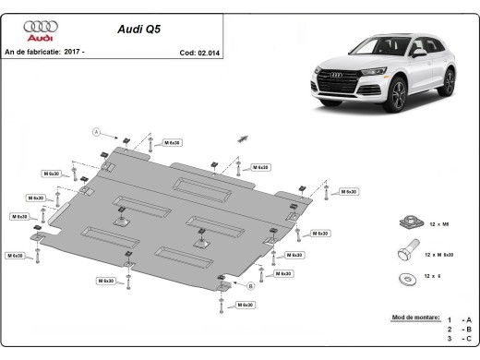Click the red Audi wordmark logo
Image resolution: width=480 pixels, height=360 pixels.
pyautogui.click(x=40, y=39)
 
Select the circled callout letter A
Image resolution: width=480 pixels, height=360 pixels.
pyautogui.click(x=96, y=132)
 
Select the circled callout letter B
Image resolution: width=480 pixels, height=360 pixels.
pyautogui.click(x=249, y=286)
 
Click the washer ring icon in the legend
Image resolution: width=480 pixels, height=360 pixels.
pyautogui.click(x=404, y=275)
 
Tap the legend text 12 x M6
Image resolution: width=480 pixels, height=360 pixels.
pyautogui.click(x=438, y=222)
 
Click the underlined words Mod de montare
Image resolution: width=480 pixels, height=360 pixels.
pyautogui.click(x=415, y=317)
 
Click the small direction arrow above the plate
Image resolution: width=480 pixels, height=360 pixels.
pyautogui.click(x=243, y=138)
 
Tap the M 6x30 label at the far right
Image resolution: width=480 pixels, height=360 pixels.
pyautogui.click(x=348, y=191)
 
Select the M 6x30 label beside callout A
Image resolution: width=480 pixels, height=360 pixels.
pyautogui.click(x=172, y=143)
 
